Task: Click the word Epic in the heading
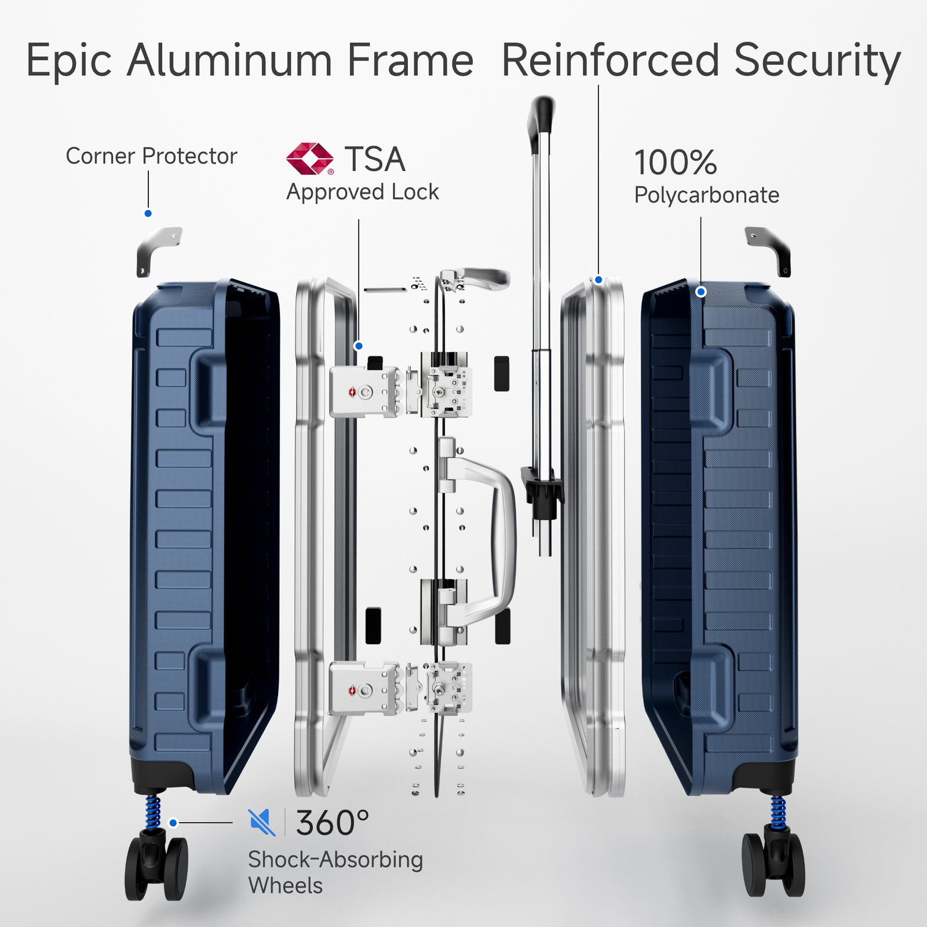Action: [69, 60]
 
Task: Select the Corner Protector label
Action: [151, 156]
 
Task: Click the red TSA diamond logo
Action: [310, 158]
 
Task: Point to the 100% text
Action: [676, 162]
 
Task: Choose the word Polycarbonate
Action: [706, 195]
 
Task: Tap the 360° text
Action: [332, 822]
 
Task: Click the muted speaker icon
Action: [262, 822]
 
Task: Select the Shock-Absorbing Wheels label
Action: [335, 873]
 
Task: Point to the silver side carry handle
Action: [487, 539]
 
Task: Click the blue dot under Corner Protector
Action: [148, 214]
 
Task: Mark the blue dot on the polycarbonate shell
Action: [700, 292]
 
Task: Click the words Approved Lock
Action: [363, 192]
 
